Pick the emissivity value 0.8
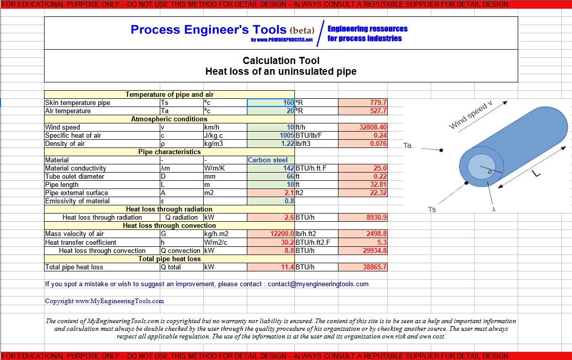tap(289, 201)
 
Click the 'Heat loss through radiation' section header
tap(169, 209)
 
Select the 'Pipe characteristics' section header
tap(169, 152)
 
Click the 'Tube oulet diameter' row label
tap(75, 177)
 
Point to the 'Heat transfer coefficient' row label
tap(80, 243)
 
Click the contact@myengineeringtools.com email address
tap(318, 284)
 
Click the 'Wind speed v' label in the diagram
tap(471, 115)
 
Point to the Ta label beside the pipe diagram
tap(408, 145)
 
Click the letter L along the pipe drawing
tap(536, 174)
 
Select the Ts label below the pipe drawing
tap(432, 209)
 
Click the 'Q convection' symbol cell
tap(180, 251)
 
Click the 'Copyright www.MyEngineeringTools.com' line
tap(104, 301)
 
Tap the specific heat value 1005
tap(286, 136)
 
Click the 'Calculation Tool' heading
tap(281, 61)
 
